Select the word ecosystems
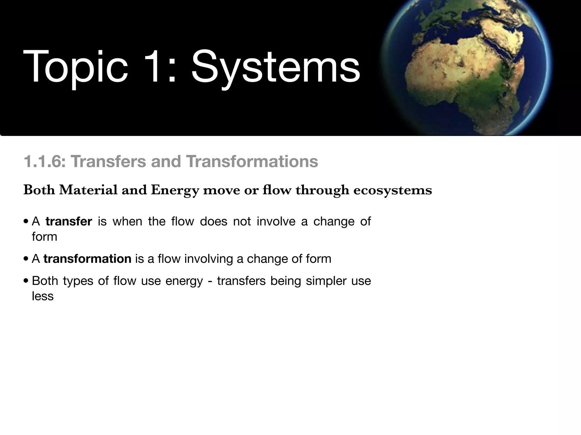(x=393, y=190)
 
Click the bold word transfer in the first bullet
(x=69, y=221)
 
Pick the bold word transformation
(x=87, y=259)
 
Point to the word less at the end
(x=43, y=296)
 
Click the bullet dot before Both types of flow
(x=26, y=281)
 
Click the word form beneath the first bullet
(x=44, y=237)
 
